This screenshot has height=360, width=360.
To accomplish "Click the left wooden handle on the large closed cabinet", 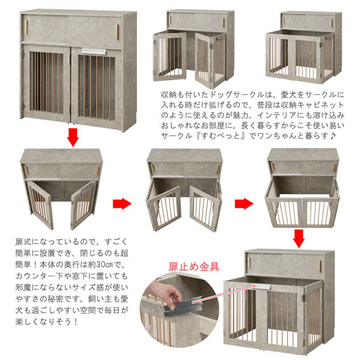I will coord(28,29).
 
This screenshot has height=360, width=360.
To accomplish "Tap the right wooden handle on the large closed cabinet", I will coord(119,29).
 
